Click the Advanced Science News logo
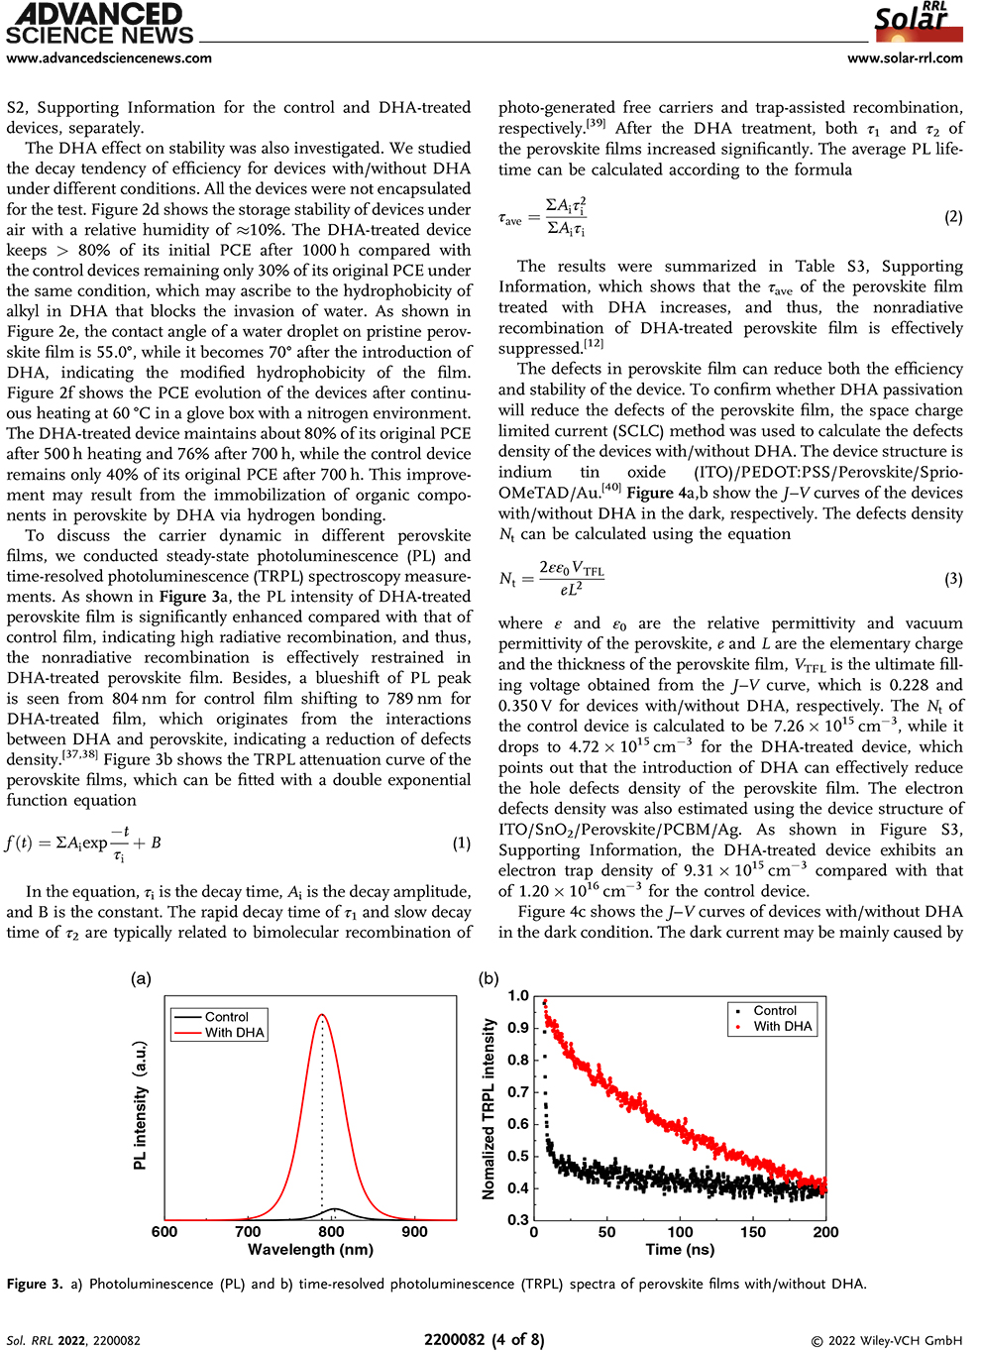click(99, 25)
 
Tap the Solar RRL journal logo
click(918, 23)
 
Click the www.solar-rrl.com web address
click(905, 57)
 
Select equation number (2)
click(953, 217)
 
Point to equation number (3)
click(953, 579)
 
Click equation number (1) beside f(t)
click(462, 844)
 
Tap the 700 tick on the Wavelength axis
click(248, 1232)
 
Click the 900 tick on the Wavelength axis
click(414, 1232)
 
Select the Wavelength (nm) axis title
click(310, 1250)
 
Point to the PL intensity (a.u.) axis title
click(141, 1105)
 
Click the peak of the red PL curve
click(322, 1015)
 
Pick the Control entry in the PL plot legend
click(227, 1017)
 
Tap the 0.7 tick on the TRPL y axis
click(518, 1092)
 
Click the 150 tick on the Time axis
click(753, 1232)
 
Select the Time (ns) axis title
click(680, 1250)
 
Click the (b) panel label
click(489, 978)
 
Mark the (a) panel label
click(141, 978)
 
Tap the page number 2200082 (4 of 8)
click(485, 1340)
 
